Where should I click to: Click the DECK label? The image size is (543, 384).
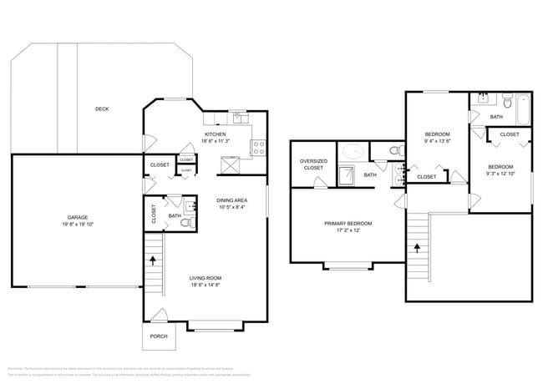[101, 109]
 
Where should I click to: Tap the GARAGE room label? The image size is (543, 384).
[78, 217]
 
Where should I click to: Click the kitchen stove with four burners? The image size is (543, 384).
[259, 148]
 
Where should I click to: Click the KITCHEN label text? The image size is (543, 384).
[215, 134]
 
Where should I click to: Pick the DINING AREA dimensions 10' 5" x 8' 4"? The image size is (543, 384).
[231, 207]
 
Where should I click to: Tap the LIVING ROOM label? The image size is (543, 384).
[205, 278]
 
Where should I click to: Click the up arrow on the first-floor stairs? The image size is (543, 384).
[153, 260]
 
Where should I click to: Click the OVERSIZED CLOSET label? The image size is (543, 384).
[312, 164]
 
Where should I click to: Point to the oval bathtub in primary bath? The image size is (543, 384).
[353, 152]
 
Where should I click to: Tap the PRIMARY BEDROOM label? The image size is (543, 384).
[348, 223]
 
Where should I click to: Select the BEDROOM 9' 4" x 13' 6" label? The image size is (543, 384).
[437, 138]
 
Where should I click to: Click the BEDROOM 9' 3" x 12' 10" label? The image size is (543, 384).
[501, 170]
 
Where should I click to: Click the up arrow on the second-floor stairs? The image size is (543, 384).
[415, 246]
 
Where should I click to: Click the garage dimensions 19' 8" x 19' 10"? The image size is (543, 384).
[78, 225]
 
